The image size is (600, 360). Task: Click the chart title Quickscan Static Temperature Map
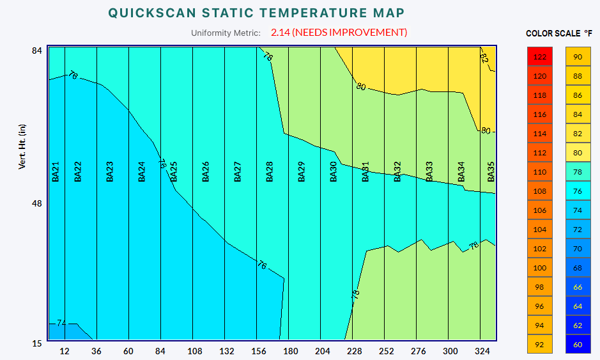[256, 13]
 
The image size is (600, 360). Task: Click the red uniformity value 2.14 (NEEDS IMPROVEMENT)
[339, 33]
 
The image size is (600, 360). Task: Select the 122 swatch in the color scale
[540, 57]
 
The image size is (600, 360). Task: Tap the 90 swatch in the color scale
[578, 57]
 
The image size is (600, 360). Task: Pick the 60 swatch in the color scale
[578, 345]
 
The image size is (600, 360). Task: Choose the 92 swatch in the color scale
[540, 345]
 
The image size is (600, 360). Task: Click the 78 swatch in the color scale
[578, 172]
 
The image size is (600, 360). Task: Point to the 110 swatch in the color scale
[540, 172]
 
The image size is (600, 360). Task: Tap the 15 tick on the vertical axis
[37, 343]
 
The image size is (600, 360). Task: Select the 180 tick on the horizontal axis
[290, 351]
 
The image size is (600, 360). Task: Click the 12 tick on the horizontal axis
[65, 351]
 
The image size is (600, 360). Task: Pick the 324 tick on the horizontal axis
[482, 351]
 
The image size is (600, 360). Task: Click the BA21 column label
[56, 171]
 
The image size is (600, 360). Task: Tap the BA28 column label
[270, 171]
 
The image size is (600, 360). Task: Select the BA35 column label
[491, 171]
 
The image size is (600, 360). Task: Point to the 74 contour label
[61, 323]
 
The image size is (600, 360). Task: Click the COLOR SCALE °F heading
[559, 33]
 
